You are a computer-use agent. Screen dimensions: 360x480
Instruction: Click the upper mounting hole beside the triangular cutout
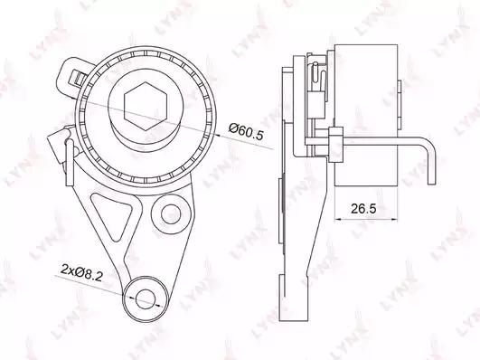(x=171, y=214)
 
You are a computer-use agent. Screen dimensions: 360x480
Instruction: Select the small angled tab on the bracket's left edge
(x=57, y=143)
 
